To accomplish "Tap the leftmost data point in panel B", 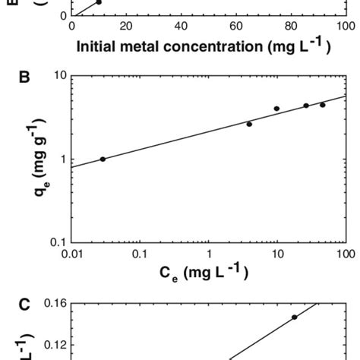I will click(x=103, y=159).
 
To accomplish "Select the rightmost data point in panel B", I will click(x=322, y=105).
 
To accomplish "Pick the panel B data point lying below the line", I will click(x=249, y=124).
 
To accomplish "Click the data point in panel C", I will click(x=294, y=317).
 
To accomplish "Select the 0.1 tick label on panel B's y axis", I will click(x=58, y=242).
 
